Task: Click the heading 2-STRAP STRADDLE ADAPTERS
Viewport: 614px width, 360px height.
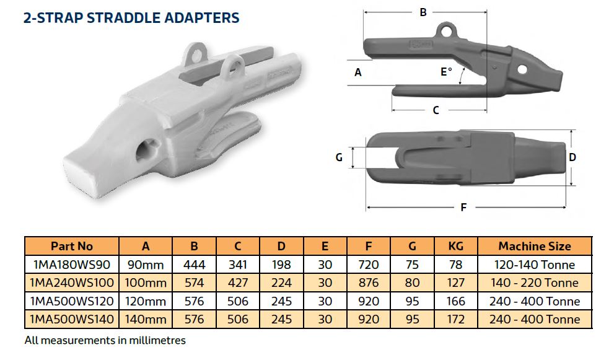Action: click(x=131, y=17)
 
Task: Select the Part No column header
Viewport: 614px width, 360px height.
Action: click(x=72, y=246)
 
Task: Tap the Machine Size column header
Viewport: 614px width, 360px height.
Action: click(x=535, y=246)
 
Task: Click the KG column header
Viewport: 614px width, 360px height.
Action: click(x=456, y=246)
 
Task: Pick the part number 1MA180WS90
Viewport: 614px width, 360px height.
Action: click(x=72, y=265)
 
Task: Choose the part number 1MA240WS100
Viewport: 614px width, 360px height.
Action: click(x=72, y=283)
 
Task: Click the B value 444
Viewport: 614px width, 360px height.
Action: click(x=194, y=265)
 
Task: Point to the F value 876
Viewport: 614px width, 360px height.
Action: click(x=369, y=283)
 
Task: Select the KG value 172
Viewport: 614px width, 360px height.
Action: click(x=456, y=319)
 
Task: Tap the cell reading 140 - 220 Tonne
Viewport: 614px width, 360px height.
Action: click(x=535, y=283)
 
